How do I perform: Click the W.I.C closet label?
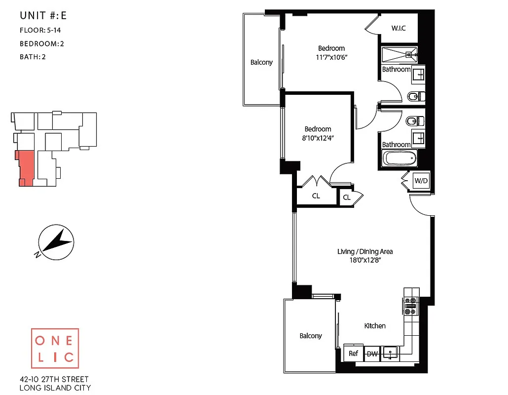coord(399,28)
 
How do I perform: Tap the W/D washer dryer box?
coord(421,181)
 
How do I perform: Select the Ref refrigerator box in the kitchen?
coord(353,354)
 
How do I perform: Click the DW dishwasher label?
coord(372,354)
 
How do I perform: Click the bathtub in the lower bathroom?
coord(400,159)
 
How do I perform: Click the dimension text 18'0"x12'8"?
coord(365,260)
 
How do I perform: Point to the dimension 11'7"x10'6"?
coord(331,57)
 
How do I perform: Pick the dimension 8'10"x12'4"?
coord(318,138)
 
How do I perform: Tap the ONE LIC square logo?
coord(55,349)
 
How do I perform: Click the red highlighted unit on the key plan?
coord(26,168)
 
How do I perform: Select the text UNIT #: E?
coord(43,15)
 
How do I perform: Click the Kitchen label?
coord(375,326)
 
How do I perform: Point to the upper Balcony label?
coord(261,62)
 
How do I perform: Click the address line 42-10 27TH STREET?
coord(54,379)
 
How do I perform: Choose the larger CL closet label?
coord(316,196)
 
